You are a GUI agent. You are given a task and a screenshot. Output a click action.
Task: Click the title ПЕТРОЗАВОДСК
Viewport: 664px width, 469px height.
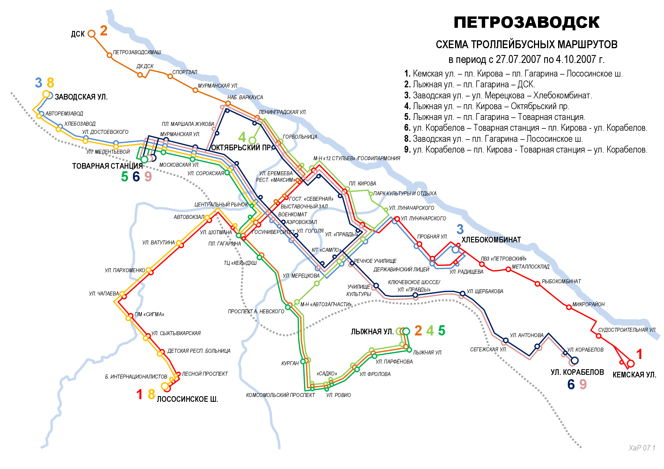(526, 22)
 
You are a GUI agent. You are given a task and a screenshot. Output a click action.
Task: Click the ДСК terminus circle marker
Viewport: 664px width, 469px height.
(91, 34)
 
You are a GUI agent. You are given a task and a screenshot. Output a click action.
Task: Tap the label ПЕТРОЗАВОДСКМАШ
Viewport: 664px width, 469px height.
(137, 52)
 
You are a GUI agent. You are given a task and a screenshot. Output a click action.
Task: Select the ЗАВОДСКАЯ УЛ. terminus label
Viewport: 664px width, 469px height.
(81, 97)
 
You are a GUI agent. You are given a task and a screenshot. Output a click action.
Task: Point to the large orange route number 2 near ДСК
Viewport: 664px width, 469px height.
(104, 31)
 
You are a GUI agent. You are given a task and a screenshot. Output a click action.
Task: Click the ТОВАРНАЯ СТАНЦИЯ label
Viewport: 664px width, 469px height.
(107, 166)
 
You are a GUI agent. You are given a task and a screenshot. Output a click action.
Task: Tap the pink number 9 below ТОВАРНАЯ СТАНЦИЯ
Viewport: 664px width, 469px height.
(148, 176)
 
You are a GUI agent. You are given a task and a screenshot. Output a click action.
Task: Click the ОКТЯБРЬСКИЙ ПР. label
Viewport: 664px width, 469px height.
(241, 147)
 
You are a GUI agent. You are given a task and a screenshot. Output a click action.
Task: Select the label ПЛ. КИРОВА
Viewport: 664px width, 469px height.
(362, 184)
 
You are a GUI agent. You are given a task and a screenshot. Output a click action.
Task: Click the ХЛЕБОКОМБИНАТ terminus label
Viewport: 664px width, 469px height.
(491, 240)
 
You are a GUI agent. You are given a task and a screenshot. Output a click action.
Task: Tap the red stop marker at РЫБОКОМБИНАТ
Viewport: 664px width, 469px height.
(537, 284)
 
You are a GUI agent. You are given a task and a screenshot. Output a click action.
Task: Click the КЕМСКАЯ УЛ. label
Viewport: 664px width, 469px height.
(634, 375)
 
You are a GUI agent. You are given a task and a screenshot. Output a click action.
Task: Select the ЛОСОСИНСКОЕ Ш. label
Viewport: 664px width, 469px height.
(187, 399)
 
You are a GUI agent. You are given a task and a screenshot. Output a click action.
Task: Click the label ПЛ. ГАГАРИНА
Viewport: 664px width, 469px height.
(225, 244)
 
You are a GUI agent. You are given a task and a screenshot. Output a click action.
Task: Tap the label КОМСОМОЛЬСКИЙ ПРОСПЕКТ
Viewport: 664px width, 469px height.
(280, 395)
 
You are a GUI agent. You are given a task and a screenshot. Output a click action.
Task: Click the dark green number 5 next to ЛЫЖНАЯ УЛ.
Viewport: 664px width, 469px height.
(442, 331)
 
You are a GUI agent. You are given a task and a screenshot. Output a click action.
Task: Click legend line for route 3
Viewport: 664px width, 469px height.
(498, 95)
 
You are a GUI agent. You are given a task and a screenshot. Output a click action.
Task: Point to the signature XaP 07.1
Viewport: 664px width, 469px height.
(642, 448)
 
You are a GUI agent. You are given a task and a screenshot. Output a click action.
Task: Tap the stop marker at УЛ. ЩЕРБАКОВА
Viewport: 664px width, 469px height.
(462, 293)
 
